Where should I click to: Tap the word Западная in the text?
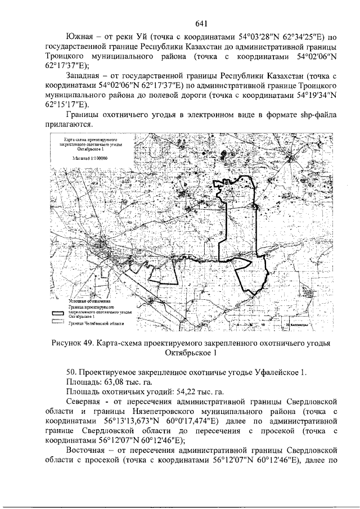click(87, 75)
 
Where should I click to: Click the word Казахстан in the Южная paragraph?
click(235, 47)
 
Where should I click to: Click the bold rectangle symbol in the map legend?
click(58, 312)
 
